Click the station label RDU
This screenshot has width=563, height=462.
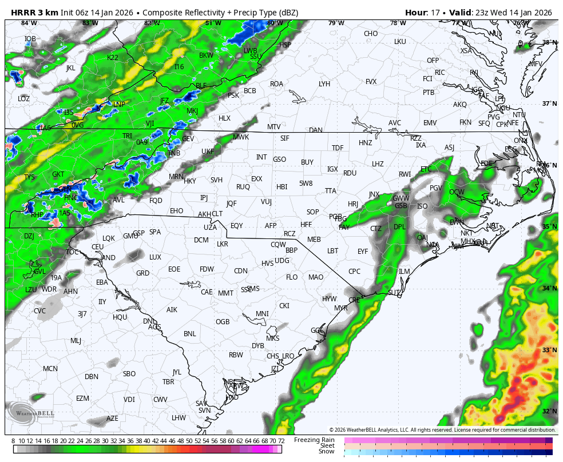coord(350,173)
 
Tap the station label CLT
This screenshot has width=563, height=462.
coord(217,214)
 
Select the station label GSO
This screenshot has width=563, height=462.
coord(279,160)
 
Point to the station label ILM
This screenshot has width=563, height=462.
coord(405,272)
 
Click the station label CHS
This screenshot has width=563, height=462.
coord(273,356)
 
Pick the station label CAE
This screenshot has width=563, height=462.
coord(207,292)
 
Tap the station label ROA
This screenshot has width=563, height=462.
coord(276,84)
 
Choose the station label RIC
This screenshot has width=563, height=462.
coord(439,73)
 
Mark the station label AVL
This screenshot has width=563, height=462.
coord(118,200)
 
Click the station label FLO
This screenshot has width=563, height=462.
coord(292,277)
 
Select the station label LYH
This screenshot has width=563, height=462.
coord(324,84)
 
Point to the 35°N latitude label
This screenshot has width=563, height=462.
coord(549,227)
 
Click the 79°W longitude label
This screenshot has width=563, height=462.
coord(336,23)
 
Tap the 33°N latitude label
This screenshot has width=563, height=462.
coord(549,350)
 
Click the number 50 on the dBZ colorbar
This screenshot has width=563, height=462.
coord(189,441)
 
